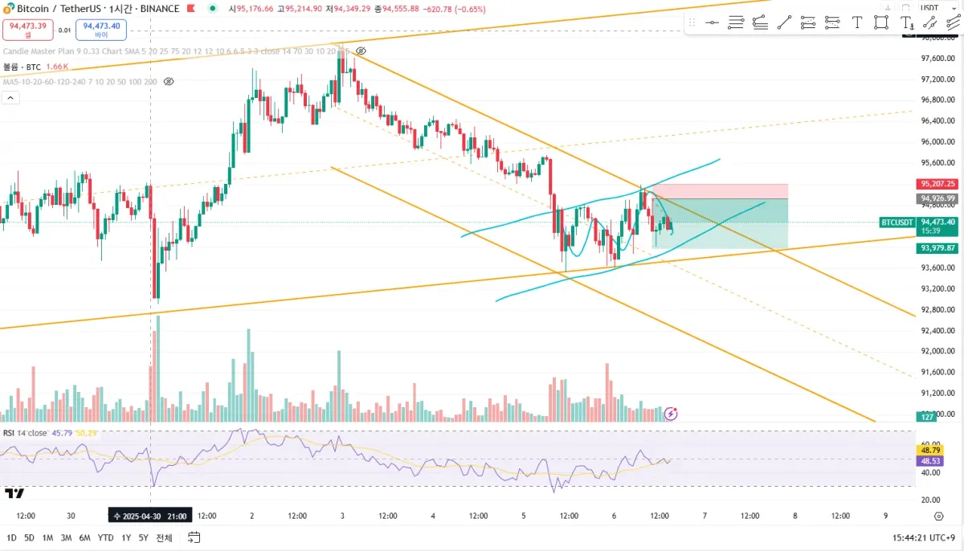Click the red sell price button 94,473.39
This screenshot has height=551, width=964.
pos(27,30)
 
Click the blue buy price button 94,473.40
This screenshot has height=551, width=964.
pos(101,30)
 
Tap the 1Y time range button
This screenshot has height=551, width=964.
pos(127,537)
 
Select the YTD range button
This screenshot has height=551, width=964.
pos(105,537)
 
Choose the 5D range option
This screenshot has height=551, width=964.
pos(29,537)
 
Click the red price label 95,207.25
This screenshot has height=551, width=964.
pos(937,182)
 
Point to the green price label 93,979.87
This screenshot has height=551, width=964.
pos(937,248)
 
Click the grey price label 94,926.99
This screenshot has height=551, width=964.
pos(937,198)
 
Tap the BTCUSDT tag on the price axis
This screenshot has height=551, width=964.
pos(897,222)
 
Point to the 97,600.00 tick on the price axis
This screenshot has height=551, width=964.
pos(937,59)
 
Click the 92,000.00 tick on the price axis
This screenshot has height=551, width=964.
pos(937,352)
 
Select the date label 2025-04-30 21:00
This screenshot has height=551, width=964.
pos(151,516)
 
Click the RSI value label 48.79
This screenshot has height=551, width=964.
pos(931,451)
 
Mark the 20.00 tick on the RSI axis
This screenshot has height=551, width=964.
pos(931,500)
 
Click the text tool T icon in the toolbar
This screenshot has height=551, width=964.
pos(856,22)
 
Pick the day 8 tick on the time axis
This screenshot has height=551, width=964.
pos(794,516)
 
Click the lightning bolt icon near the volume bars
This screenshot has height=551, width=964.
pos(671,414)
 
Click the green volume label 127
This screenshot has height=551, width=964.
pos(926,417)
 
